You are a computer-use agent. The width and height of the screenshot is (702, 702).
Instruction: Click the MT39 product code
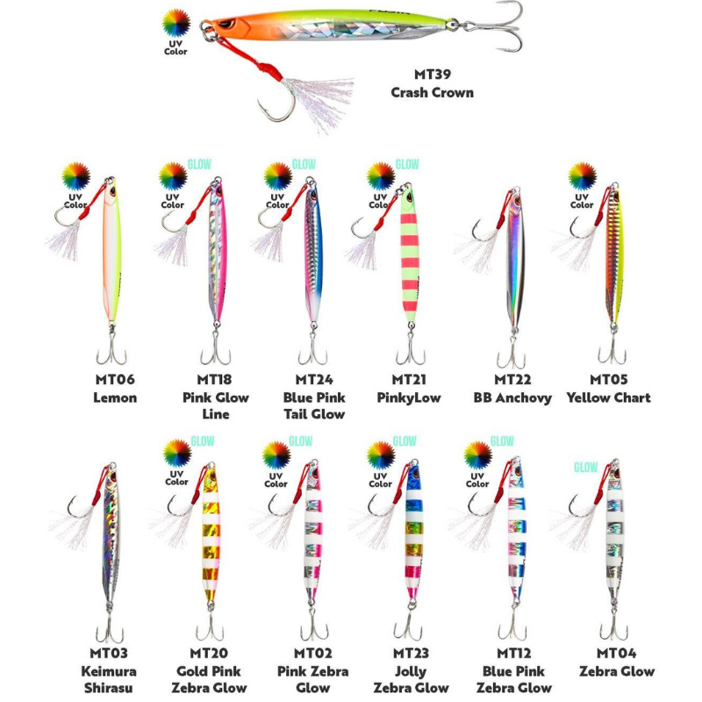(432, 75)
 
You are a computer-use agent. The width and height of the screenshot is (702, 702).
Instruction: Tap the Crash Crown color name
(432, 92)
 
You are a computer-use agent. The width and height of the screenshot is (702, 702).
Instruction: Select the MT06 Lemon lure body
(112, 254)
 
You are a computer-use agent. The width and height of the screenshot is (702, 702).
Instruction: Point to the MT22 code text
(512, 380)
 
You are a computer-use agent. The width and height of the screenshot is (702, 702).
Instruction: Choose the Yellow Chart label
(608, 398)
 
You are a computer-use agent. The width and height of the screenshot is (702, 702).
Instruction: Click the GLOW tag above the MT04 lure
(586, 467)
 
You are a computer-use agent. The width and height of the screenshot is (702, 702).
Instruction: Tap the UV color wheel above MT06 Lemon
(76, 176)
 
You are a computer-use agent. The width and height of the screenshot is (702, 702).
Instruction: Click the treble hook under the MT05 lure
(612, 349)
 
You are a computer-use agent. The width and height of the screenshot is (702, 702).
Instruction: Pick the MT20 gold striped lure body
(211, 535)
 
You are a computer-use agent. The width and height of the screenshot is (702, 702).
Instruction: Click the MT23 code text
(411, 653)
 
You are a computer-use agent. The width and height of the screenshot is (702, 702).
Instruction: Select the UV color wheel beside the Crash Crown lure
(176, 23)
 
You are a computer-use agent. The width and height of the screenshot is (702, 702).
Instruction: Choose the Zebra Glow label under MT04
(617, 671)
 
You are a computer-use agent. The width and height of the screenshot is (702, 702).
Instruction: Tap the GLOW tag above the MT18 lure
(199, 164)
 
